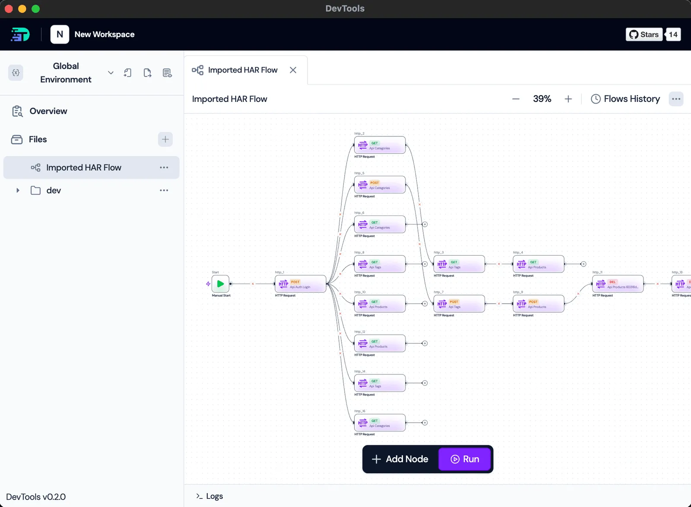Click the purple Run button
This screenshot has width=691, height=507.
[465, 459]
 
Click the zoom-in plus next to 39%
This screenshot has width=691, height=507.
[568, 99]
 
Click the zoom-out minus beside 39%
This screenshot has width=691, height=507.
[516, 99]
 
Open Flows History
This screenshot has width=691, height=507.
[625, 99]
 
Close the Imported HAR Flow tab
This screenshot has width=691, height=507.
[293, 70]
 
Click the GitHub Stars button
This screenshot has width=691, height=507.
[644, 35]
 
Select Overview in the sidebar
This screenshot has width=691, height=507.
[48, 111]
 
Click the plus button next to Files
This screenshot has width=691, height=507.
[165, 139]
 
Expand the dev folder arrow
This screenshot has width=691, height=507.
[18, 190]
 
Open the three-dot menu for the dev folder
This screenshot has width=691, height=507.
[164, 190]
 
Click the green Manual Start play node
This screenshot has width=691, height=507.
[220, 284]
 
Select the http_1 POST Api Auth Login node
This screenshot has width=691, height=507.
[301, 284]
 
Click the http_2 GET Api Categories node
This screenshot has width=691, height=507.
[380, 145]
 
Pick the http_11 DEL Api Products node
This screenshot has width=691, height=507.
[618, 284]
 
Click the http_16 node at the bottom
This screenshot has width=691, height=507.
[380, 423]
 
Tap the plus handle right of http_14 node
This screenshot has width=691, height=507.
[425, 383]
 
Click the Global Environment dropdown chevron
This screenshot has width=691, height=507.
[111, 73]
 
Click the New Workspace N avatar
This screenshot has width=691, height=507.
[60, 34]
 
